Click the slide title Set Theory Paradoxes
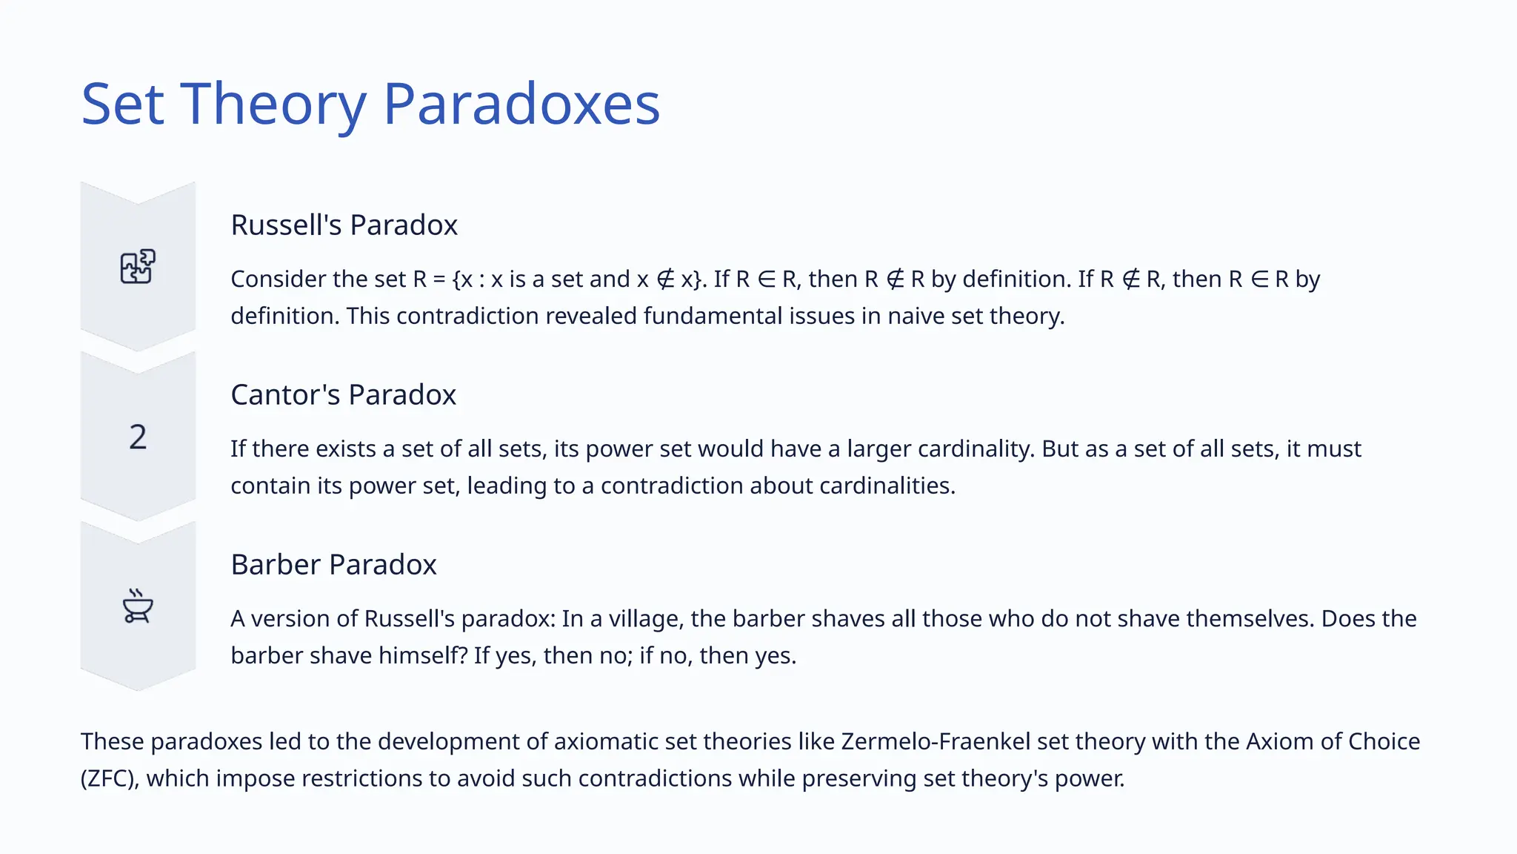pyautogui.click(x=370, y=104)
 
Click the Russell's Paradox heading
pyautogui.click(x=344, y=225)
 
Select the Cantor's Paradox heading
pyautogui.click(x=343, y=395)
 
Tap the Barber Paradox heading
pyautogui.click(x=333, y=565)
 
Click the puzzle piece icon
pyautogui.click(x=138, y=267)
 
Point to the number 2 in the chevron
pyautogui.click(x=138, y=437)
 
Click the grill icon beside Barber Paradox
pyautogui.click(x=138, y=606)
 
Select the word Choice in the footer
pyautogui.click(x=1384, y=742)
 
